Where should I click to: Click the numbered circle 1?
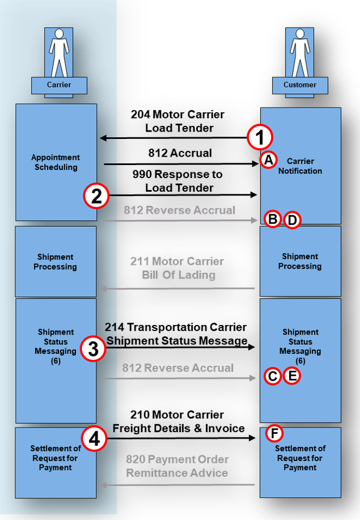260,137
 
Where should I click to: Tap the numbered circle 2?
96,196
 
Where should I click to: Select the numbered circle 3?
93,349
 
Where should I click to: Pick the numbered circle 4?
94,439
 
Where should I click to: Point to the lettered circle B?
273,219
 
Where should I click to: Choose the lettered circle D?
291,219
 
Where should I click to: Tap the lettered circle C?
273,376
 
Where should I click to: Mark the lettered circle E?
291,376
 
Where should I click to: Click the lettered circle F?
274,434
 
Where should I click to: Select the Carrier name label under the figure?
59,85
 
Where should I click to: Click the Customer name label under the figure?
300,85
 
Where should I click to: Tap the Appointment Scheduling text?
56,162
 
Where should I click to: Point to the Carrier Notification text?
300,166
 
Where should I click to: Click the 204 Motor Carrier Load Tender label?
178,121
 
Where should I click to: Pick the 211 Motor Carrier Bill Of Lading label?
178,268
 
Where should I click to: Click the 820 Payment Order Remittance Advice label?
177,466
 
